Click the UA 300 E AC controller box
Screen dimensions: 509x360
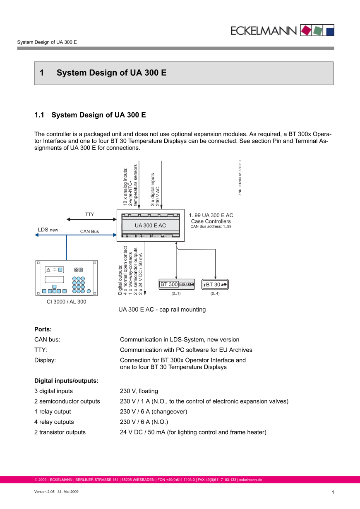150,225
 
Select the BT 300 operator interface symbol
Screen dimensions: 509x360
177,284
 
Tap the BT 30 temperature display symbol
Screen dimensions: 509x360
215,284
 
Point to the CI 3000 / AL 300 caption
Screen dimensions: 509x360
66,302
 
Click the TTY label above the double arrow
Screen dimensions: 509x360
89,214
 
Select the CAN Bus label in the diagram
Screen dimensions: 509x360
89,231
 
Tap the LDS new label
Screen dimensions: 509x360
48,229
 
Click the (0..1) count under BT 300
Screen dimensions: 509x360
176,294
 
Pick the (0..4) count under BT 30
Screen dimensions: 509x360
215,294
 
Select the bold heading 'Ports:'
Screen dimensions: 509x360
43,329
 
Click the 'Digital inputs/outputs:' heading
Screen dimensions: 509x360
66,381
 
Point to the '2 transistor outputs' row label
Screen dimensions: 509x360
60,432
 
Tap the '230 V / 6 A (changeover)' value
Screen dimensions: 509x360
154,412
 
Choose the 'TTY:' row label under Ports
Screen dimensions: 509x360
41,350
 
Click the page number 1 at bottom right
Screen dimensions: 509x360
333,492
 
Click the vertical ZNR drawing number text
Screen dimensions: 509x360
240,178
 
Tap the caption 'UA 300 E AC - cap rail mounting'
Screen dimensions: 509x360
162,310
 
